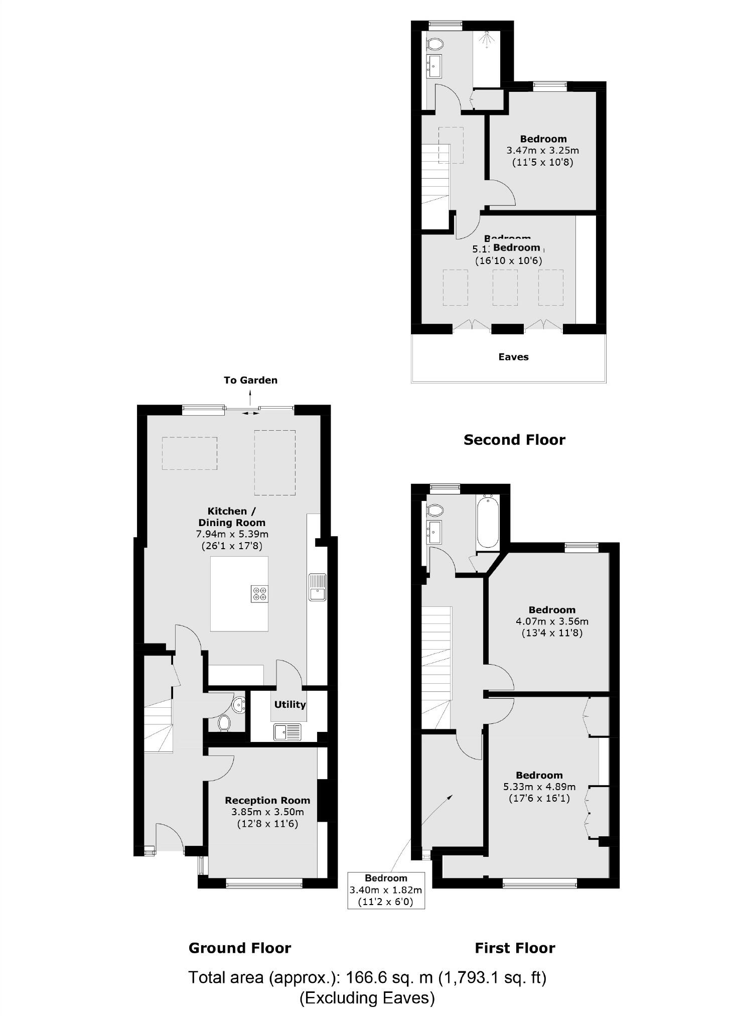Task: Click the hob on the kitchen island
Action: [259, 594]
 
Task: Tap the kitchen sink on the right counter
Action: [317, 587]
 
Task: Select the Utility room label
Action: [289, 704]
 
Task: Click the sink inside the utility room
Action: [287, 732]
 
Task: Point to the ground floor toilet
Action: [224, 723]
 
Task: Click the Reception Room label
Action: [267, 800]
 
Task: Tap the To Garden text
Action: [250, 380]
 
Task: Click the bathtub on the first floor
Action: [487, 521]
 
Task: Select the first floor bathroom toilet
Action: [435, 511]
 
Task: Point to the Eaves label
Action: [513, 357]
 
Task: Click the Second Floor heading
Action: [514, 440]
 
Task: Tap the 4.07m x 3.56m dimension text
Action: [552, 621]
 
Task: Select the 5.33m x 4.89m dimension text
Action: [539, 787]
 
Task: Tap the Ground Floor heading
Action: [240, 948]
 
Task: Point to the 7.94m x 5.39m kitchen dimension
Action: [232, 534]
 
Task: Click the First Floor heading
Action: [515, 948]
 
